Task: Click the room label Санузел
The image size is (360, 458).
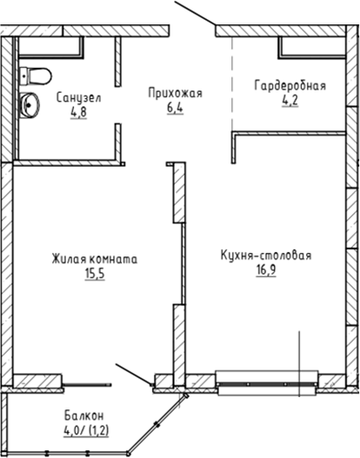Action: tap(78, 98)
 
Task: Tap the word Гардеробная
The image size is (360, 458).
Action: tap(290, 85)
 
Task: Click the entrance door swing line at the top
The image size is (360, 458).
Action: tap(196, 15)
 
